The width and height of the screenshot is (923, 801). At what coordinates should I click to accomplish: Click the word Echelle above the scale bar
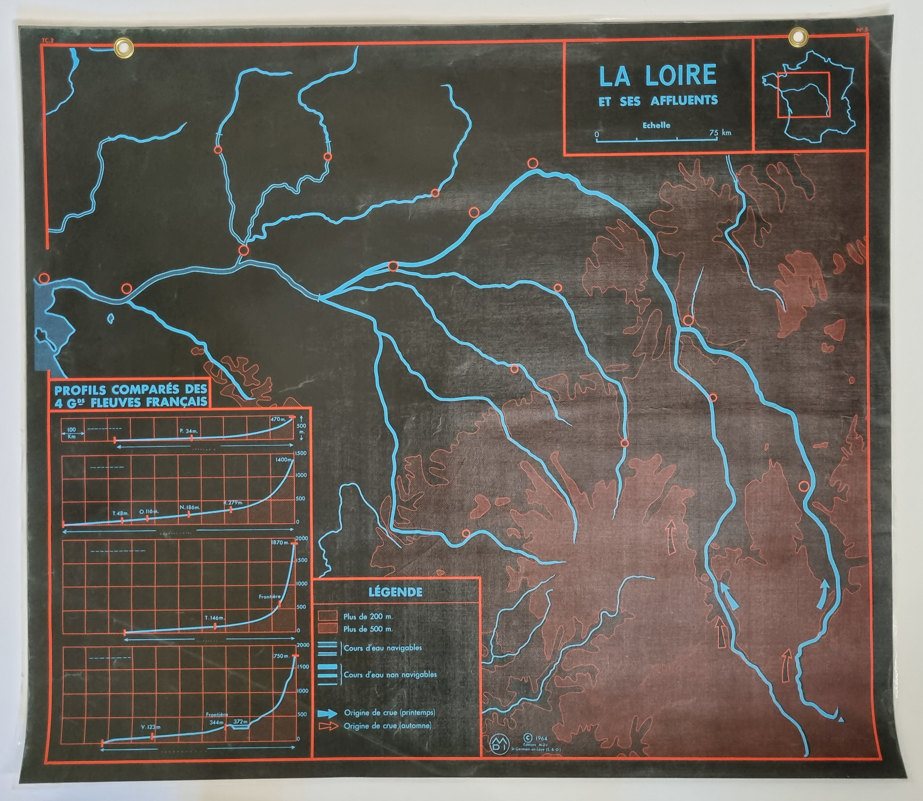pyautogui.click(x=656, y=125)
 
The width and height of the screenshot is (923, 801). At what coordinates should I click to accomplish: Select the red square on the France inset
pyautogui.click(x=803, y=95)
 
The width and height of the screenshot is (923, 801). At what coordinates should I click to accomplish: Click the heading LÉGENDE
pyautogui.click(x=395, y=592)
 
